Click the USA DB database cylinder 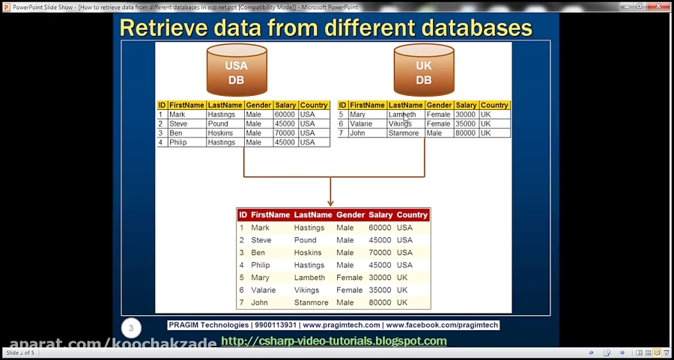[x=236, y=72]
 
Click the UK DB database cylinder [x=423, y=72]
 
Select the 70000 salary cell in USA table [x=285, y=133]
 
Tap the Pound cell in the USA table [x=218, y=124]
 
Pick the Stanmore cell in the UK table [x=404, y=133]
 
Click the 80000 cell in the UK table [x=465, y=133]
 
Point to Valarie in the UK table [x=361, y=124]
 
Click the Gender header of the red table [x=350, y=215]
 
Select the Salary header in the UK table [x=466, y=106]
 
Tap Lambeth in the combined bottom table [x=309, y=278]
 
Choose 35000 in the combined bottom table [x=380, y=290]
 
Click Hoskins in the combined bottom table [x=308, y=252]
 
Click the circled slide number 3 [x=131, y=328]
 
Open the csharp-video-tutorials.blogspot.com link [x=334, y=341]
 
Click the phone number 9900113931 [x=276, y=326]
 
